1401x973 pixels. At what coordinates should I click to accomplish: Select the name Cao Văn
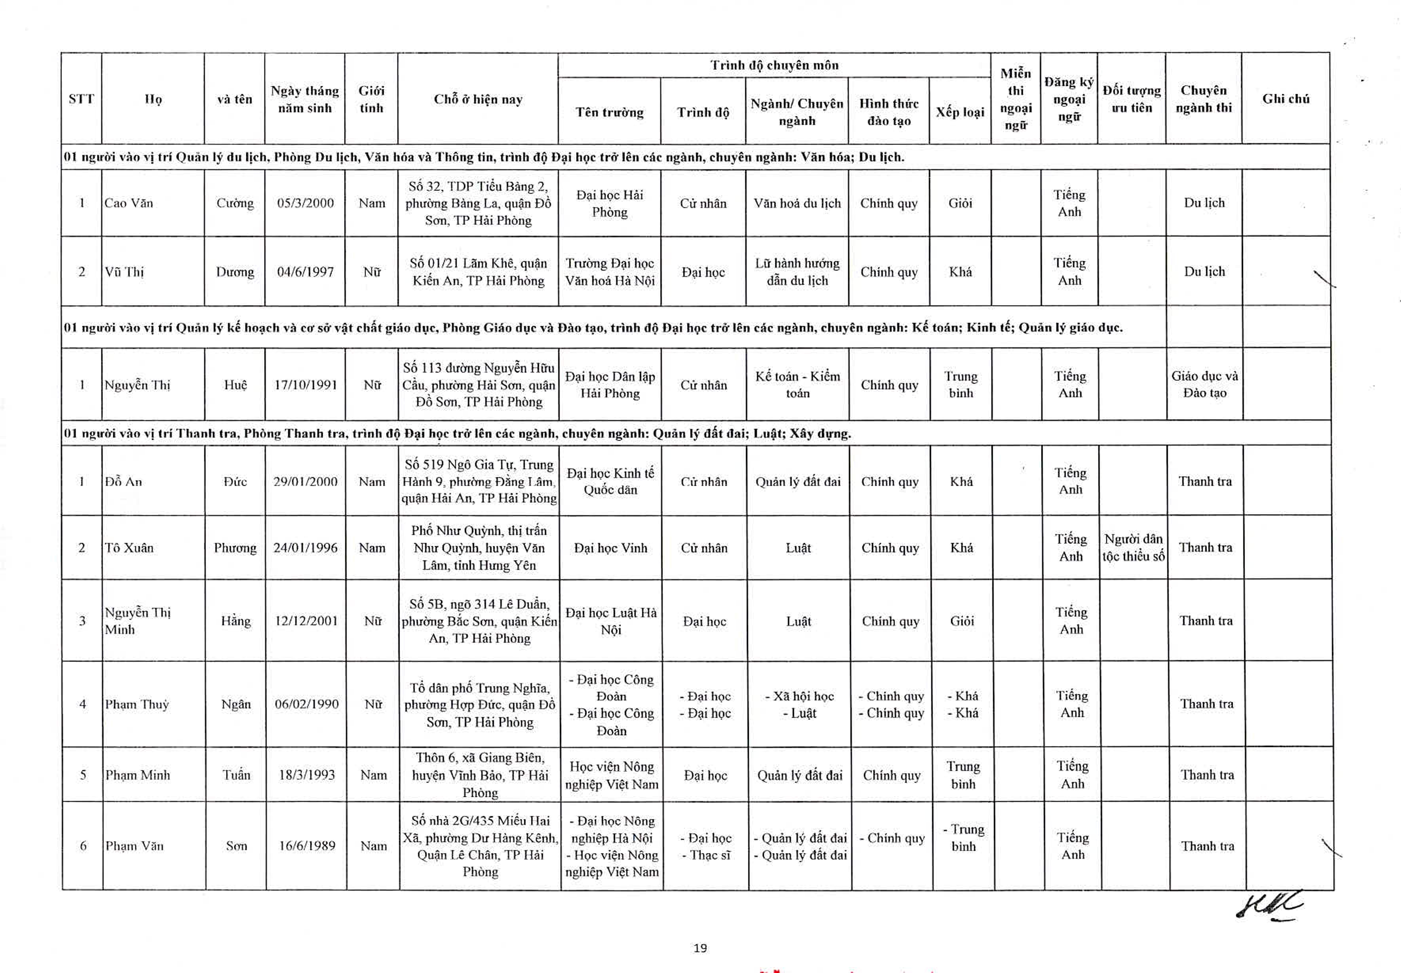(129, 203)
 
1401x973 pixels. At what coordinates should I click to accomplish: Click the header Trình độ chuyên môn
(774, 65)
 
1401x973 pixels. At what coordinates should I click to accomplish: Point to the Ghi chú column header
(1286, 99)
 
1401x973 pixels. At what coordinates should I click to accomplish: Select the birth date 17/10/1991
(306, 385)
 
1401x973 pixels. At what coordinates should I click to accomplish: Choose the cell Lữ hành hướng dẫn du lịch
(797, 272)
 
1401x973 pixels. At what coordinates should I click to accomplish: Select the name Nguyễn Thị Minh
(138, 621)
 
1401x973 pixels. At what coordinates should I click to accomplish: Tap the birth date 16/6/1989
(307, 846)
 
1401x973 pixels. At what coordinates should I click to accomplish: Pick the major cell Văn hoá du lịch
(797, 203)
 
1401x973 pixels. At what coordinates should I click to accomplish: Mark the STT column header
(81, 99)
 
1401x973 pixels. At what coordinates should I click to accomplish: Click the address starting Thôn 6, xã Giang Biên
(480, 775)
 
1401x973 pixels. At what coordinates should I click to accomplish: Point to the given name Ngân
(236, 704)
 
